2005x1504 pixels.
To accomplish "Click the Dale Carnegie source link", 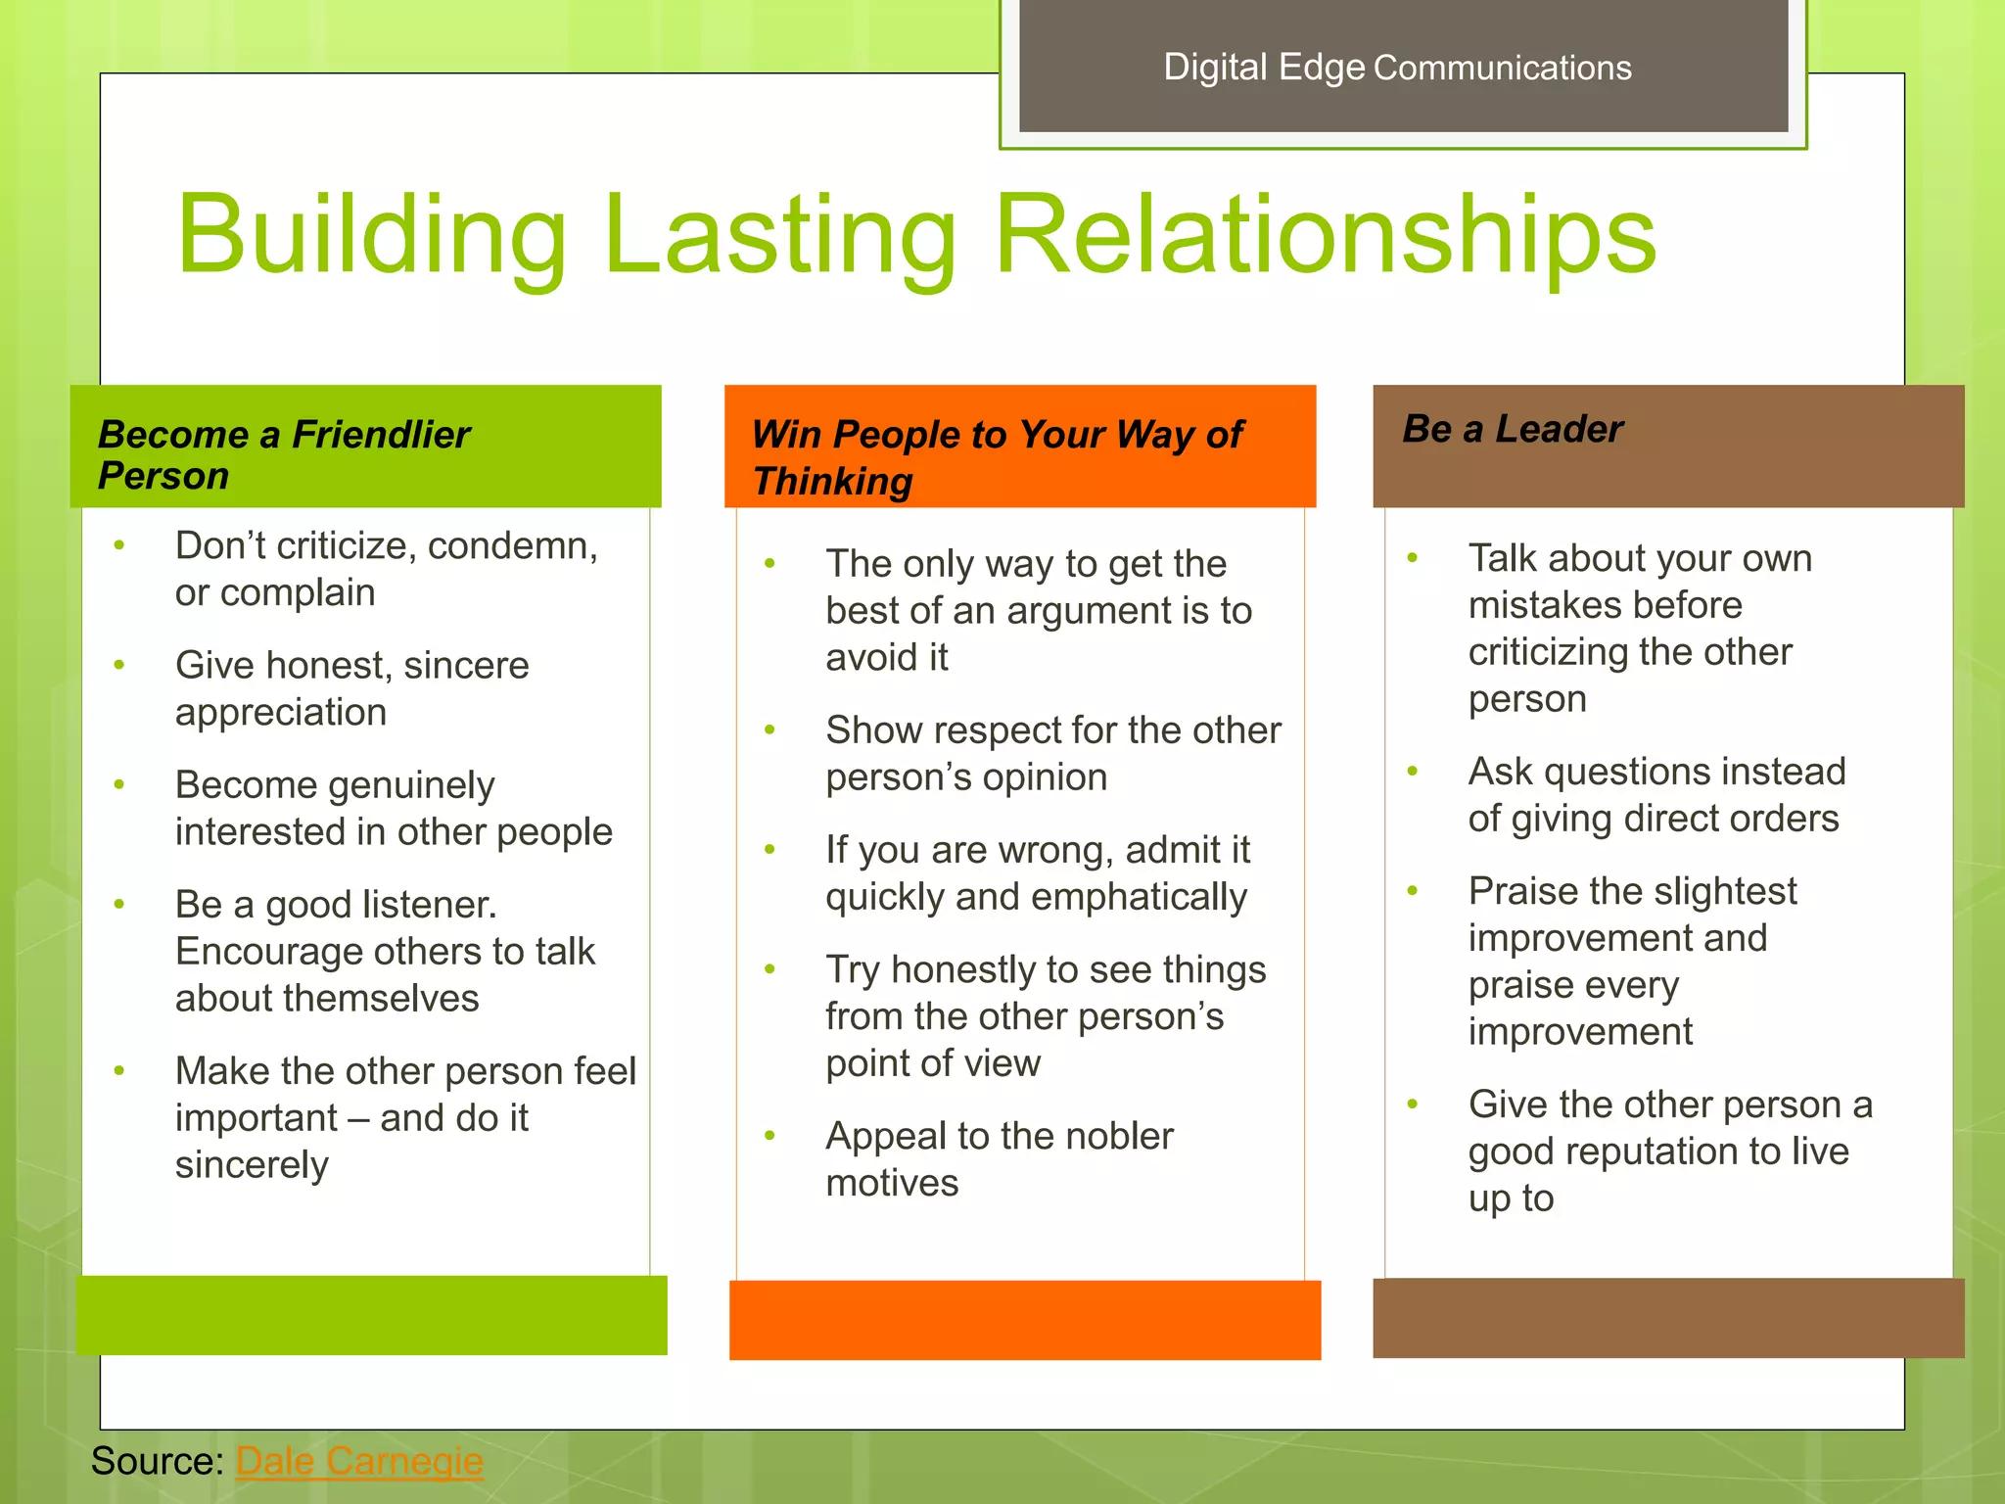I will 359,1461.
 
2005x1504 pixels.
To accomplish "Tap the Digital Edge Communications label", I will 1397,68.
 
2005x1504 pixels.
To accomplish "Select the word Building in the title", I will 371,235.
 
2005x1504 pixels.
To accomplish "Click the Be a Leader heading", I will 1513,429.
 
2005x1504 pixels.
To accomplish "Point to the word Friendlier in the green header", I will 381,434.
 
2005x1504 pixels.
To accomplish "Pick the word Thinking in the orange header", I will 832,482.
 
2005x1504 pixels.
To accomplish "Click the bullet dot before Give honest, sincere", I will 119,665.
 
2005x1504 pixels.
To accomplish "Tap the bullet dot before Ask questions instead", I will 1413,772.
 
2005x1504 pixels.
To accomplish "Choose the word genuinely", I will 411,786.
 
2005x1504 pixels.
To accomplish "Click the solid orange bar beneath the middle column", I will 1025,1319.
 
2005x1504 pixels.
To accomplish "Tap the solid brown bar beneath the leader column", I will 1668,1317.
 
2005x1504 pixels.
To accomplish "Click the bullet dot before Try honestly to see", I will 770,969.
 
